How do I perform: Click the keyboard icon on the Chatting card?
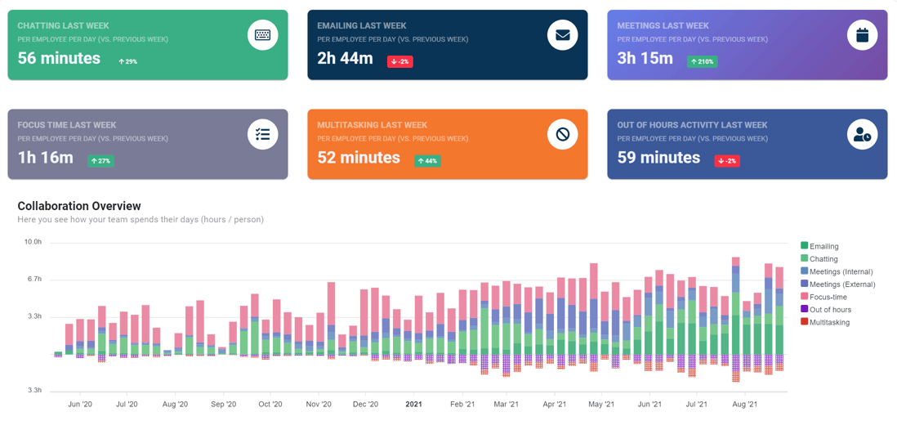[x=262, y=35]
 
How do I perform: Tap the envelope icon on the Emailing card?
[x=562, y=35]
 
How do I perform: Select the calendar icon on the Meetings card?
[x=862, y=35]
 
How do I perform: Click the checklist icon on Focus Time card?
[x=262, y=134]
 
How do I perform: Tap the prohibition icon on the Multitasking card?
[x=562, y=134]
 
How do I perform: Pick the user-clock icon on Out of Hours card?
[x=862, y=135]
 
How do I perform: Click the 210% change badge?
[x=702, y=61]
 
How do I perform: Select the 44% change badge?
[x=427, y=161]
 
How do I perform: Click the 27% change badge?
[x=100, y=161]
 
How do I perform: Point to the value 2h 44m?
[x=345, y=58]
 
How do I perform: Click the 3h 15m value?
[x=645, y=58]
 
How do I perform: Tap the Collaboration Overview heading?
[x=79, y=206]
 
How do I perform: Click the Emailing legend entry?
[x=823, y=246]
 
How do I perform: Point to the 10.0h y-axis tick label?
[x=33, y=242]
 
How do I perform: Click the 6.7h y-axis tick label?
[x=33, y=279]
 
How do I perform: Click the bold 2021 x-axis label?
[x=413, y=404]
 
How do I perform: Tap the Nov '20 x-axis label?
[x=319, y=404]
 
